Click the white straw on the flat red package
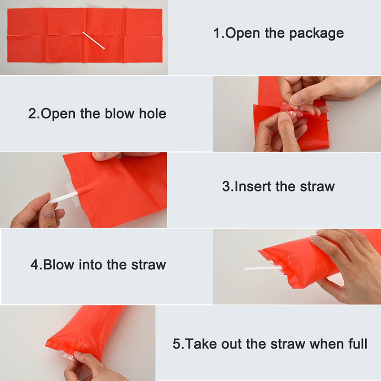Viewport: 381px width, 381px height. coord(93,40)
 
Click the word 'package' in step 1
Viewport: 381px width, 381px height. coord(316,33)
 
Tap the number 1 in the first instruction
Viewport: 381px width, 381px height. coord(217,33)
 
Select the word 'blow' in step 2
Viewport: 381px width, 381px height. coord(119,113)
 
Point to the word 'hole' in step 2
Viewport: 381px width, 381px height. coord(152,113)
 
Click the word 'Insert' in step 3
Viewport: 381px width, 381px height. coord(253,186)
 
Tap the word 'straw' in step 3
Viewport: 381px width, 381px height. coord(317,187)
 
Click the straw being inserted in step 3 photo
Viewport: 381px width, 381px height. coord(63,197)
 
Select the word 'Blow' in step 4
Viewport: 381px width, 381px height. coord(59,265)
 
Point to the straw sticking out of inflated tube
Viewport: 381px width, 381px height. coord(263,269)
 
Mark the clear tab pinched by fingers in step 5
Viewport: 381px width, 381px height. coord(68,357)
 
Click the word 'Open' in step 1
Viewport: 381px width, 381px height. coord(242,33)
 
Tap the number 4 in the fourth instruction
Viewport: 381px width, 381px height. coord(34,265)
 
